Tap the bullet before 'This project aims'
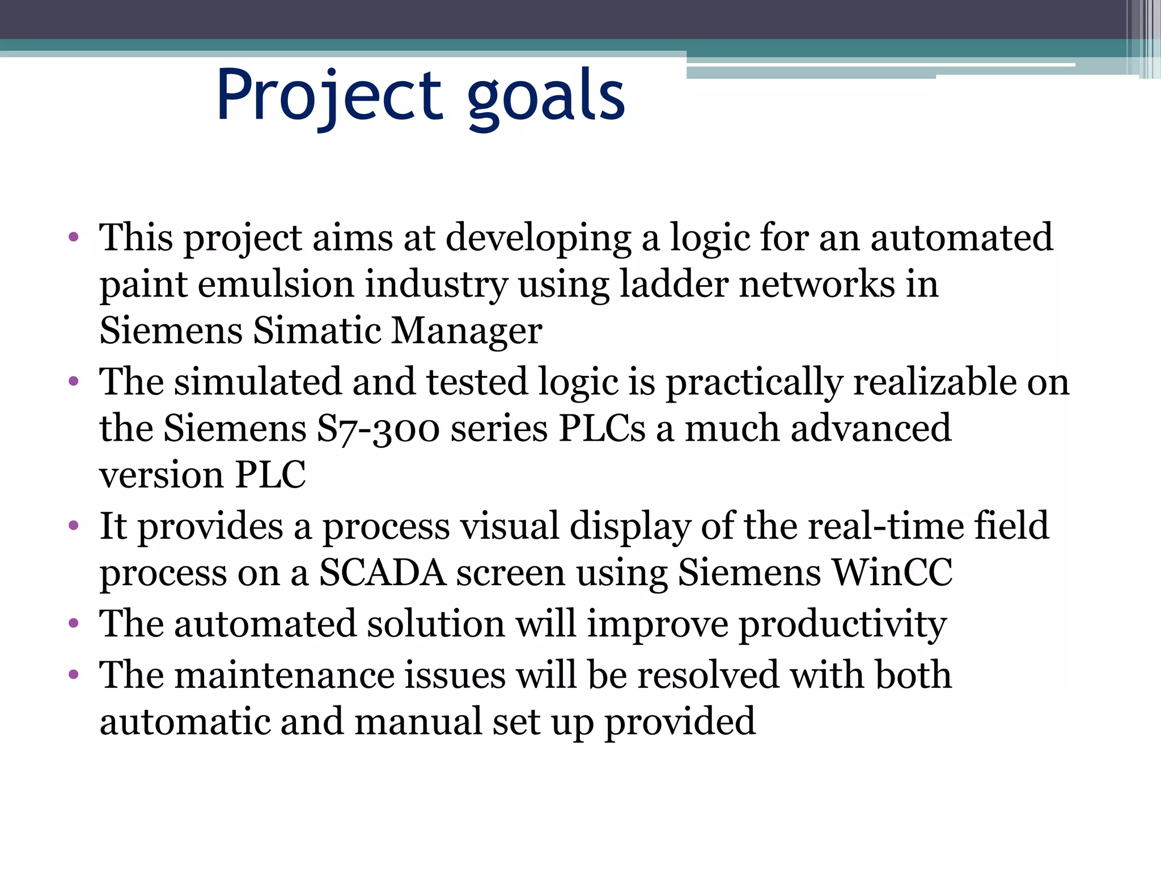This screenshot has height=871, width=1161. coord(73,237)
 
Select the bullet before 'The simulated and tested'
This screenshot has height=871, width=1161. coord(73,382)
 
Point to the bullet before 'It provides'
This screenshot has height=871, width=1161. coord(73,526)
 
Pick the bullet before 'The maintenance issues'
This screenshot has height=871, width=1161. coord(73,675)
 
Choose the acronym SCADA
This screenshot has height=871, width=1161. coord(382,573)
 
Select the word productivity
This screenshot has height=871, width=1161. coord(842,625)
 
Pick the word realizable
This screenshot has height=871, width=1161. coord(934,382)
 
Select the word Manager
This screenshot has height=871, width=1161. coord(467,331)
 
